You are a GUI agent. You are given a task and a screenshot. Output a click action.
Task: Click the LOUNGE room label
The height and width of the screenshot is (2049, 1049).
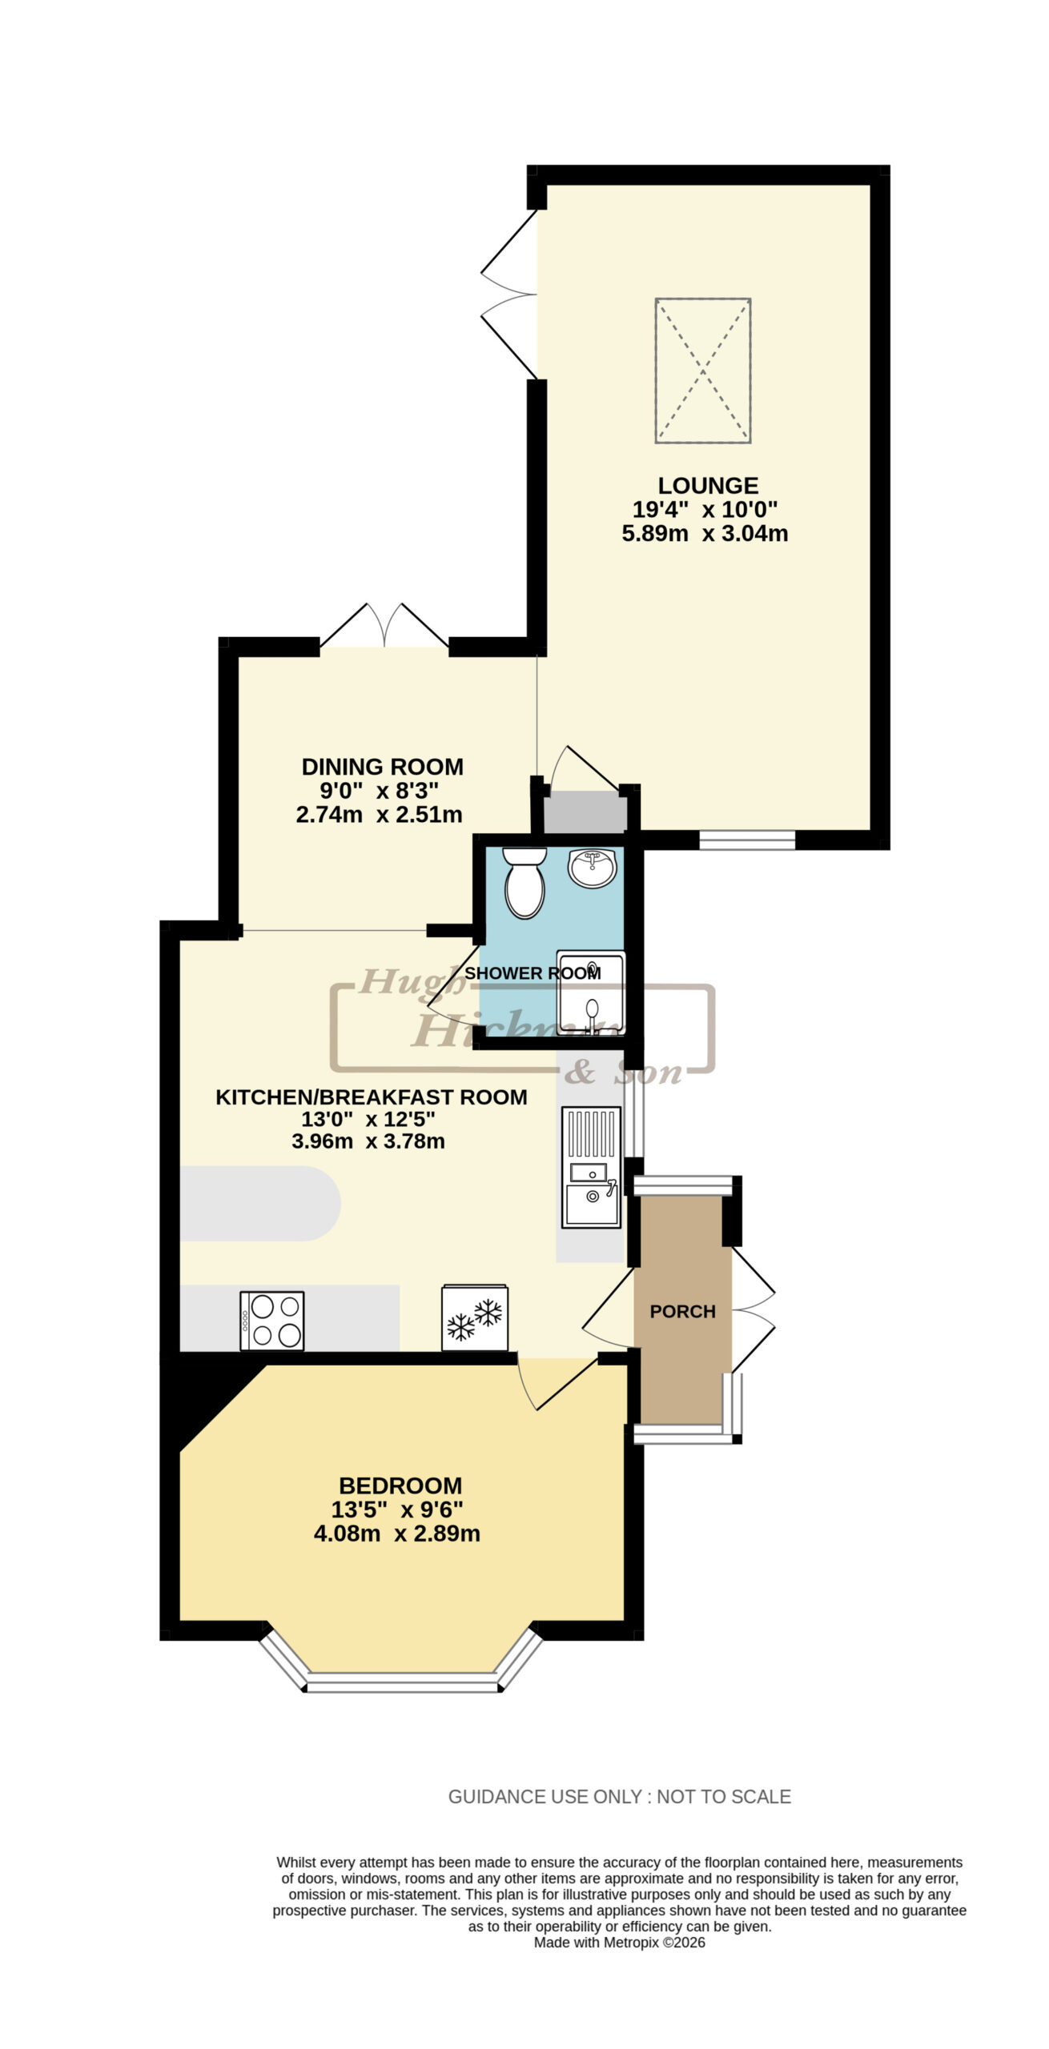click(x=708, y=486)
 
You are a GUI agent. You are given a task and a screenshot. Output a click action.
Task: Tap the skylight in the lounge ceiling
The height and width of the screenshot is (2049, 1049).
click(x=703, y=371)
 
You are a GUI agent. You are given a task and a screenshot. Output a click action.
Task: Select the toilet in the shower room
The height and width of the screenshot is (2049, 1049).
click(x=524, y=883)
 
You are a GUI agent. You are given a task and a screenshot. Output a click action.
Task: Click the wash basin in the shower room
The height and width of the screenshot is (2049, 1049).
click(x=593, y=868)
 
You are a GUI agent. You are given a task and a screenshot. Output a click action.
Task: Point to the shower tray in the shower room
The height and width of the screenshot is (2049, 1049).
click(x=591, y=992)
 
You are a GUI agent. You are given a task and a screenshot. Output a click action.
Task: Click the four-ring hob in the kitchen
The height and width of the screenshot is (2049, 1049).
click(x=272, y=1320)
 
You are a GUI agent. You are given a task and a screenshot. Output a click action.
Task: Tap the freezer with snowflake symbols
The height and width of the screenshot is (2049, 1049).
click(x=475, y=1317)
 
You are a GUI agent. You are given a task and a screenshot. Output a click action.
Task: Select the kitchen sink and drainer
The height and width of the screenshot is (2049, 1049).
click(x=591, y=1167)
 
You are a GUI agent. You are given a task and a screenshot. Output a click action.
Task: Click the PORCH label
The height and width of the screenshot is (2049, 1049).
click(x=683, y=1311)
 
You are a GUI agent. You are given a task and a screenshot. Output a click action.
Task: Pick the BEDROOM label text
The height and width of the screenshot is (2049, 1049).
click(x=400, y=1486)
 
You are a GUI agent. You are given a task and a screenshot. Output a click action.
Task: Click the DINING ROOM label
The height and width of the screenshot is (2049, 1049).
click(x=383, y=767)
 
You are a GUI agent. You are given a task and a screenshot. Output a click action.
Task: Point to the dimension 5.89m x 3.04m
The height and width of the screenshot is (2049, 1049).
click(x=705, y=533)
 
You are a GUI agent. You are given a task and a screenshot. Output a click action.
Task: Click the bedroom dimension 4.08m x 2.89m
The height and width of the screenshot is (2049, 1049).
click(x=397, y=1534)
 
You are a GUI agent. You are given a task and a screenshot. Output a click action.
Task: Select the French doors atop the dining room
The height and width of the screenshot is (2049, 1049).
click(x=384, y=626)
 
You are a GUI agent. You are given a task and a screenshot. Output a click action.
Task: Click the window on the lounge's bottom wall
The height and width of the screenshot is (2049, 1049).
click(x=747, y=840)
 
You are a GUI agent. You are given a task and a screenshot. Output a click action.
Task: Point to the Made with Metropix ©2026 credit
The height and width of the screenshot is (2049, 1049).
click(x=620, y=1943)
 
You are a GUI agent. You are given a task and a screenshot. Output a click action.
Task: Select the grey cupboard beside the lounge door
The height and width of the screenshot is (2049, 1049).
click(x=585, y=812)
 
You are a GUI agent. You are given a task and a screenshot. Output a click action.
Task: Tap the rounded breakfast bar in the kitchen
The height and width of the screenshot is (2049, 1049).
click(x=260, y=1204)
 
